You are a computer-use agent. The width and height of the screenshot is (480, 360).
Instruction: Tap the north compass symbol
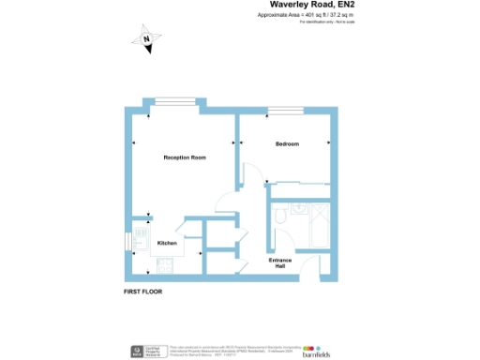click(148, 41)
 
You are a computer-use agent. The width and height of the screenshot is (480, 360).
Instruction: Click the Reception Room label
click(185, 157)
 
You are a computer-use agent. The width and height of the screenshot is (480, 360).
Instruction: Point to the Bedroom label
click(287, 143)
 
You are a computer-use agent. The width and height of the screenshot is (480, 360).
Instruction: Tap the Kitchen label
click(167, 243)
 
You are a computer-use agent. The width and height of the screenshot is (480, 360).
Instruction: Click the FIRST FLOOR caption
click(143, 292)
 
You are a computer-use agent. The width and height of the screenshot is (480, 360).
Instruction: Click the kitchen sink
click(141, 234)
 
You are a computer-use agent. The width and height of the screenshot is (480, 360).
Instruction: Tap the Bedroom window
click(284, 112)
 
